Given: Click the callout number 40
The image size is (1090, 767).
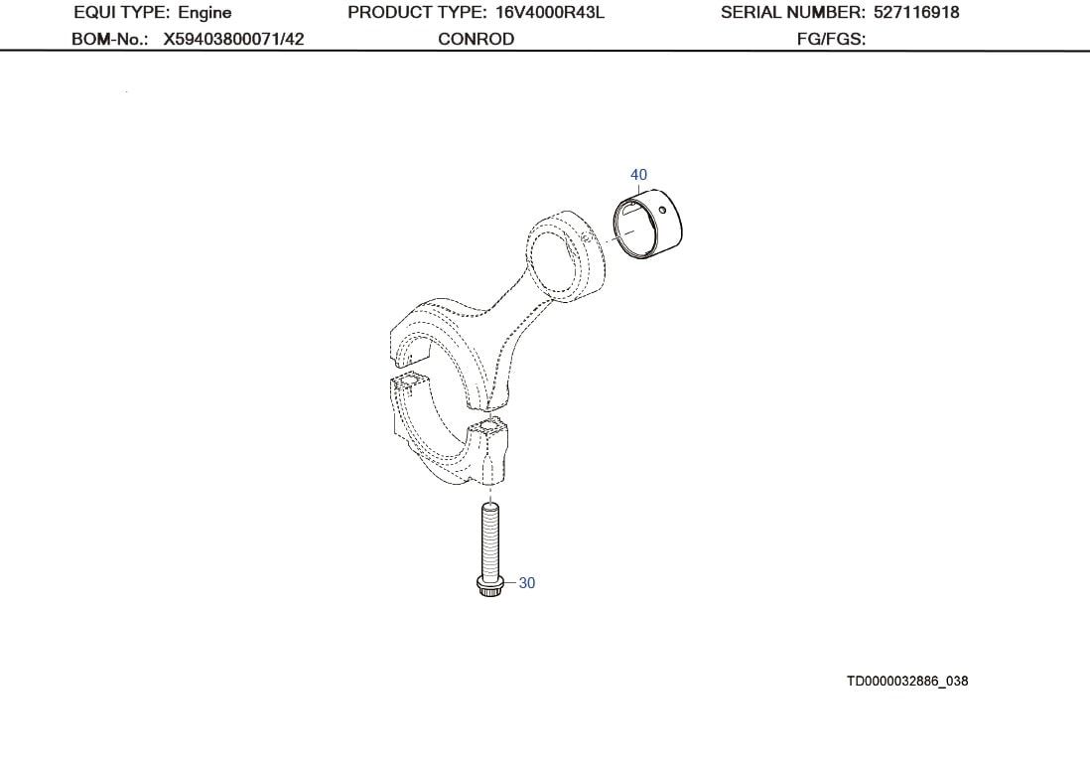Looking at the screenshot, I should pyautogui.click(x=638, y=175).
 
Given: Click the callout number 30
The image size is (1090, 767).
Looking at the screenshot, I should pyautogui.click(x=527, y=583).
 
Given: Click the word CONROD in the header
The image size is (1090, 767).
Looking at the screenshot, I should pyautogui.click(x=476, y=39).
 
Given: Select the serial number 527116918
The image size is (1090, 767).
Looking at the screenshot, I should pyautogui.click(x=916, y=13).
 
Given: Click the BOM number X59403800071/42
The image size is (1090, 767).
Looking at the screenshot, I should pyautogui.click(x=233, y=39).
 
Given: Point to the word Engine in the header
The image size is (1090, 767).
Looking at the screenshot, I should pyautogui.click(x=204, y=13).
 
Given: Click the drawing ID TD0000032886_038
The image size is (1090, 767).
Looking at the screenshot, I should pyautogui.click(x=906, y=681).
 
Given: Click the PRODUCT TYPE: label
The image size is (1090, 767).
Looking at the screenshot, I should pyautogui.click(x=417, y=13).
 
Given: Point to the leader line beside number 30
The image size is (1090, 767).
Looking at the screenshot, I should pyautogui.click(x=510, y=583).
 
